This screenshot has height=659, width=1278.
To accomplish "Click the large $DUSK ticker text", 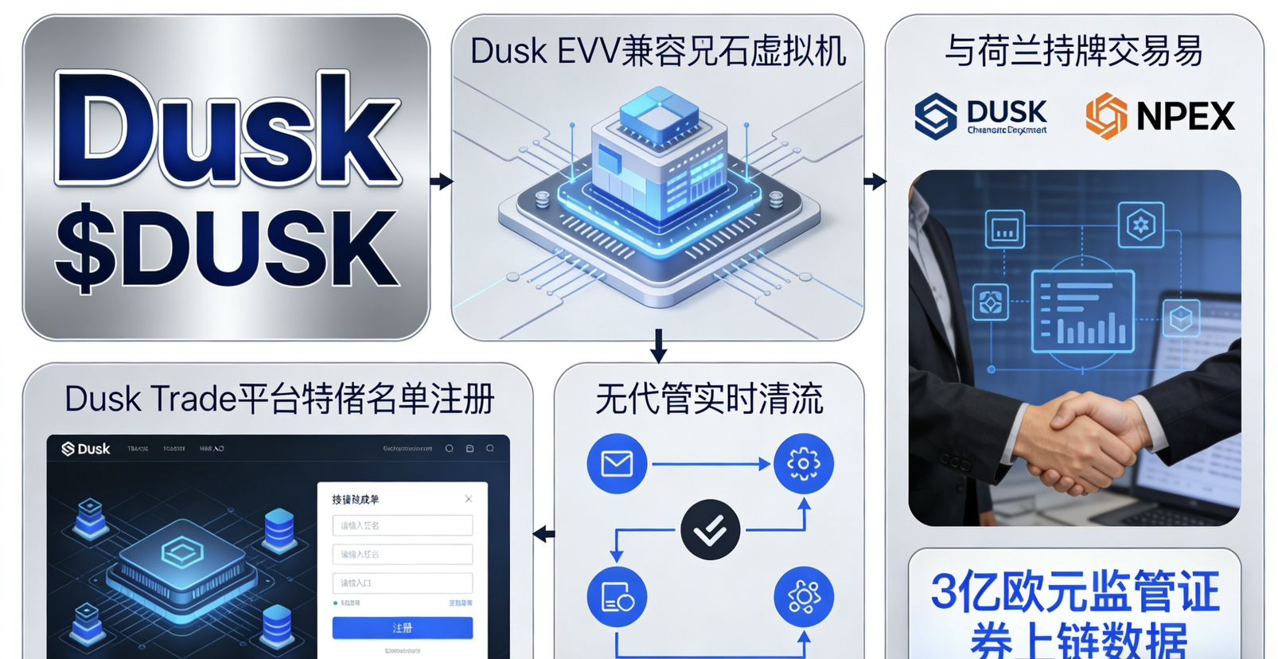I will [x=227, y=248].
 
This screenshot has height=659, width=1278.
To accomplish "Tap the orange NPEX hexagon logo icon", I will [x=1105, y=116].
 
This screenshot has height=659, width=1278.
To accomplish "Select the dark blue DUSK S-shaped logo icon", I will [x=936, y=116].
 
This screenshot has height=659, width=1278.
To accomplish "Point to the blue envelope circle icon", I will [x=616, y=463].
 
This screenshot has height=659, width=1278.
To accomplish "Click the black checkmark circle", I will [x=710, y=530].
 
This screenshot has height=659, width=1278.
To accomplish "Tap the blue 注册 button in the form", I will [x=402, y=628].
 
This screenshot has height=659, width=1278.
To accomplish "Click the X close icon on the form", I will [x=468, y=499].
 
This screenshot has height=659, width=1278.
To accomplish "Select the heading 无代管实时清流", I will [x=708, y=399].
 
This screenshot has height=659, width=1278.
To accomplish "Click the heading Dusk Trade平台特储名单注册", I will [x=279, y=399].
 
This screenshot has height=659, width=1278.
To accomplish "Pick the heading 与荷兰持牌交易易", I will [x=1073, y=51].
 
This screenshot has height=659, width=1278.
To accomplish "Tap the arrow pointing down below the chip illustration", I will [x=658, y=345].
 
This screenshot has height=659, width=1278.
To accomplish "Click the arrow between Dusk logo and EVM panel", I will [x=441, y=181].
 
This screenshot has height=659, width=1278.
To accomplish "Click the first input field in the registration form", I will [x=402, y=525].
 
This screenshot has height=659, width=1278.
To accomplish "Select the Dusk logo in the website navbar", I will [x=86, y=449].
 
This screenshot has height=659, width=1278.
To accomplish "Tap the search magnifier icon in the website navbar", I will [x=450, y=449].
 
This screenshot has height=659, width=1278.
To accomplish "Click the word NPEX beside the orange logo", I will [x=1185, y=116].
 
